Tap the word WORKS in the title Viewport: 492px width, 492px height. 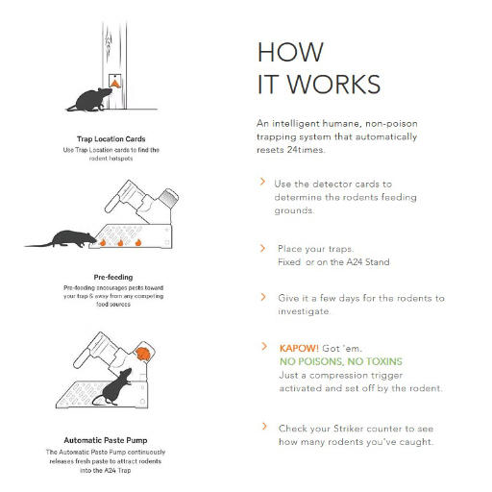click(x=332, y=86)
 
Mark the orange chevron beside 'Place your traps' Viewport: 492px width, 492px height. click(x=263, y=247)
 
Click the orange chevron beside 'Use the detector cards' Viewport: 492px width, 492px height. click(x=263, y=181)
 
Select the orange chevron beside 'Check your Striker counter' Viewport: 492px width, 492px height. click(x=263, y=426)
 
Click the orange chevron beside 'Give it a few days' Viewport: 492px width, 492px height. click(x=263, y=297)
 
